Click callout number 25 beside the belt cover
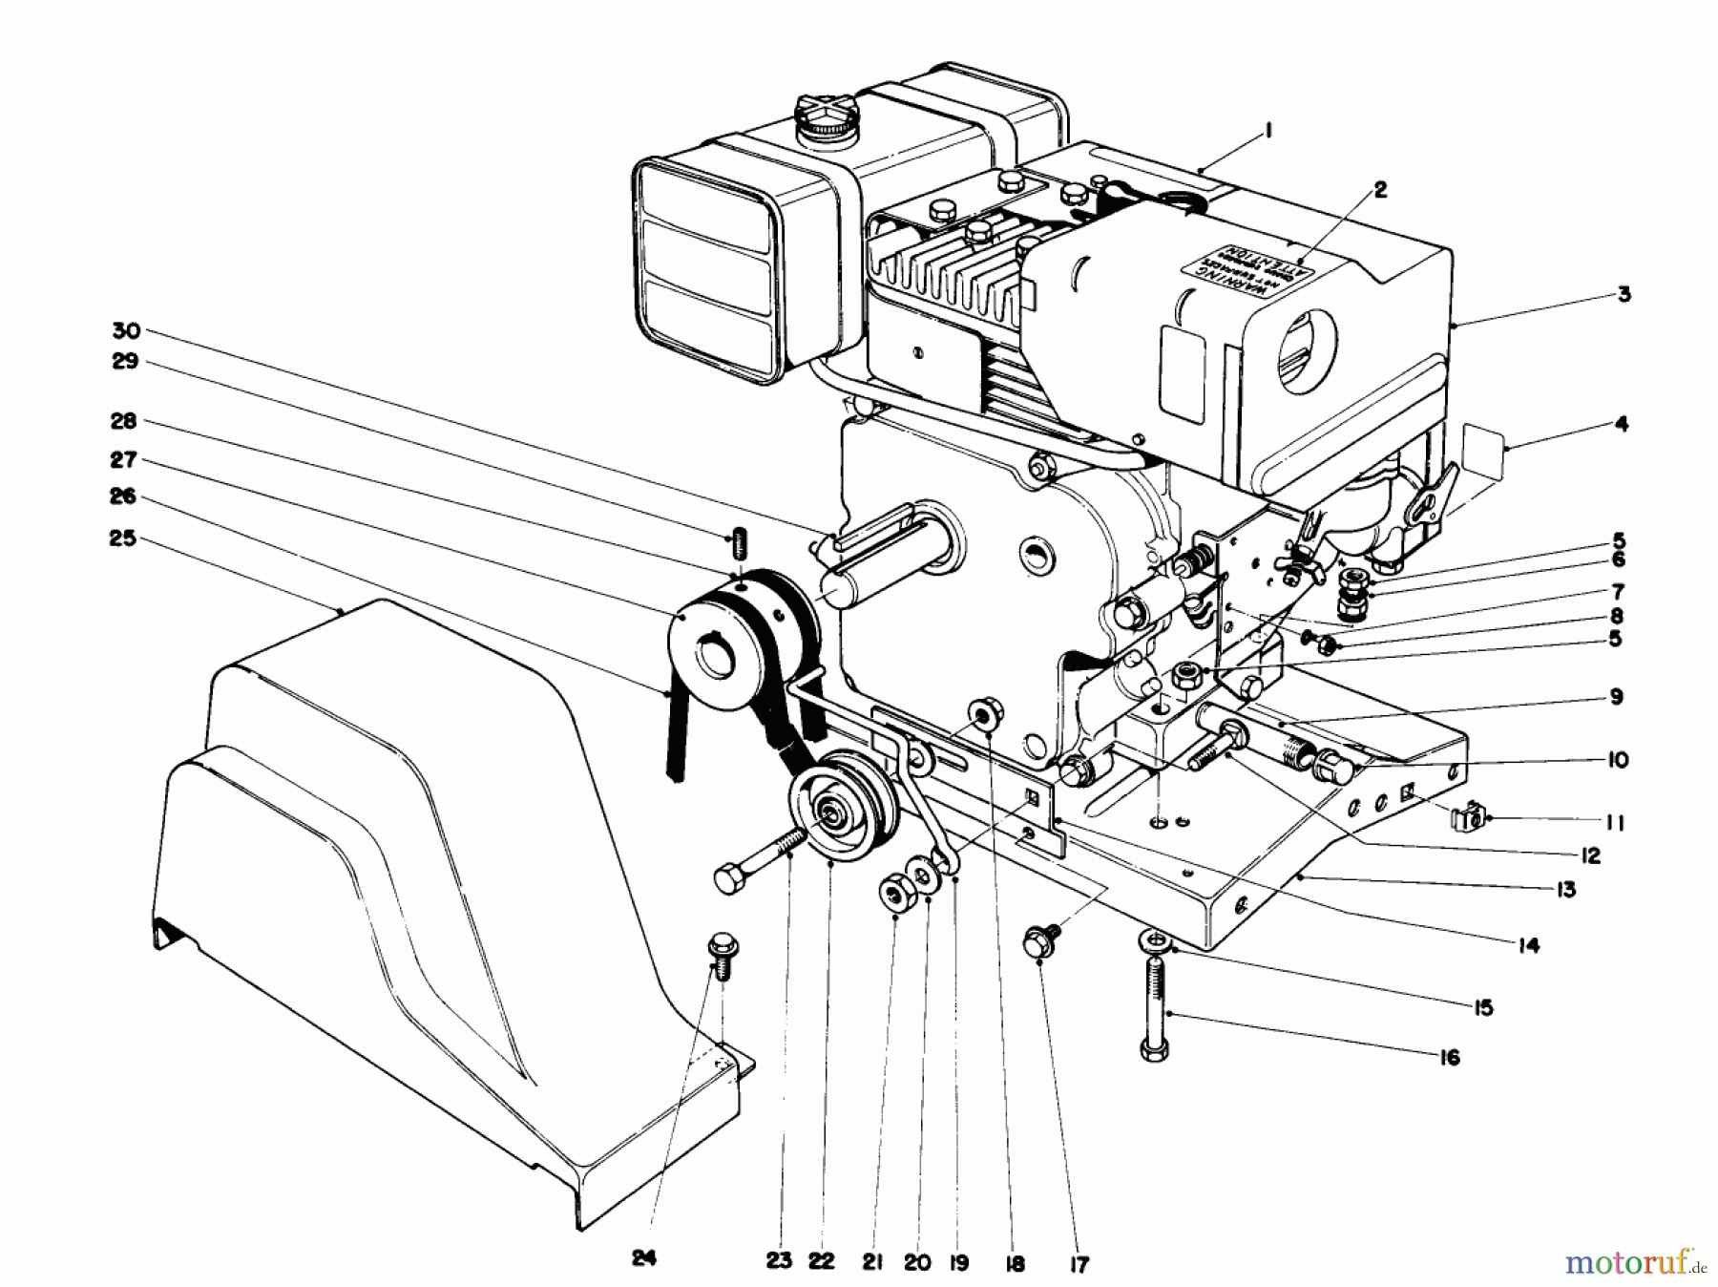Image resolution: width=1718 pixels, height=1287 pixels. pos(122,538)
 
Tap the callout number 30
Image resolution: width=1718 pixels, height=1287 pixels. pos(126,331)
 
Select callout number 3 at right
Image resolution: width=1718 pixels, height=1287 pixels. pos(1624,294)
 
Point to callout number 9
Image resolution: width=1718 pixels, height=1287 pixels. pos(1615,697)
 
